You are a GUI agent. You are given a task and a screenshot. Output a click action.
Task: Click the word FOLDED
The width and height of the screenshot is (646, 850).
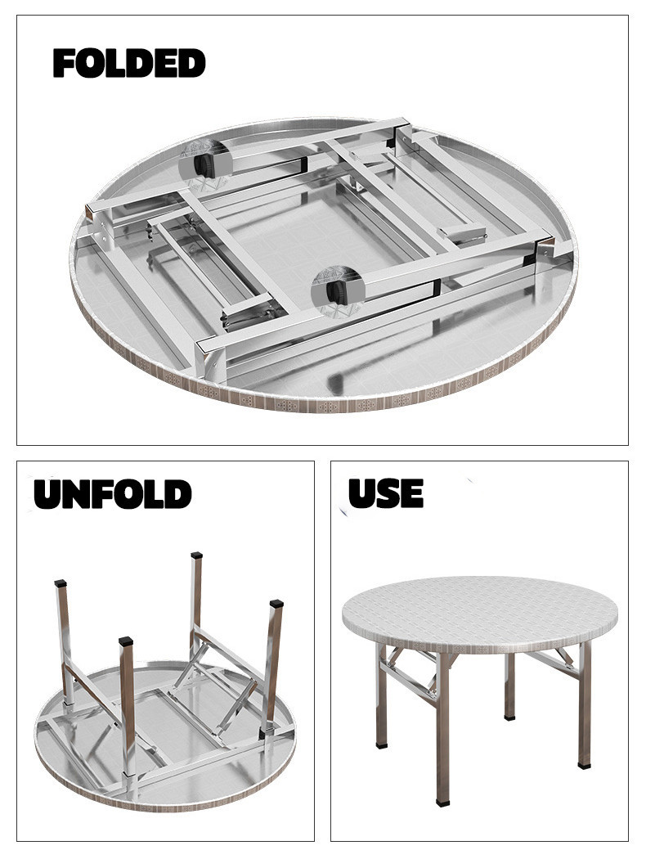click(129, 63)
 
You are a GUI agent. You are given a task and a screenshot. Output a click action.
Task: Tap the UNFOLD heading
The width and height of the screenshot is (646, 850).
click(113, 494)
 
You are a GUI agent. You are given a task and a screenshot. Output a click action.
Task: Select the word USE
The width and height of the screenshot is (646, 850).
click(386, 493)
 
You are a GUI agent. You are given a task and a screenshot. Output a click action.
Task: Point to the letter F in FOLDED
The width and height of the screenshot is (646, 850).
click(64, 63)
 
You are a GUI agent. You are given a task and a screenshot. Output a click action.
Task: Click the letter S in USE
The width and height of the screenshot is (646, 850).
click(387, 493)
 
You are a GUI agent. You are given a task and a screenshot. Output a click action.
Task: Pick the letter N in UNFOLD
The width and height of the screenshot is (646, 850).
click(75, 494)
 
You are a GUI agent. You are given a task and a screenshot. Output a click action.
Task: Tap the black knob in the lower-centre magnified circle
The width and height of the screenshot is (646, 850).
click(337, 293)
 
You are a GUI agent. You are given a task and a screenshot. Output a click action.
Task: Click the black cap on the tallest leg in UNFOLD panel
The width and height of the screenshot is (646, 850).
click(197, 555)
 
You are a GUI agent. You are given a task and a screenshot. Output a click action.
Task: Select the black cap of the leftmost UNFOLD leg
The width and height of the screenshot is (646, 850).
click(61, 584)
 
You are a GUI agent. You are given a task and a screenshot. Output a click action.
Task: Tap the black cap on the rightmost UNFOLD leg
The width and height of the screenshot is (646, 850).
click(276, 603)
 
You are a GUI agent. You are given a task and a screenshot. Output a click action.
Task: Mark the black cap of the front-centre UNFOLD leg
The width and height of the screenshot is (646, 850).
click(126, 641)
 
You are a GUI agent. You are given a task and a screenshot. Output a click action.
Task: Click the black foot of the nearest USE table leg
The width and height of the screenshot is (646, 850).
click(443, 802)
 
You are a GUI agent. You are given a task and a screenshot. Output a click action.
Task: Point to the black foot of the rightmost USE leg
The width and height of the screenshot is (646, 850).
click(584, 766)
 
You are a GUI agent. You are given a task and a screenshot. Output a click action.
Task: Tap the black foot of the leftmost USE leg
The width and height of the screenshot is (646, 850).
click(382, 745)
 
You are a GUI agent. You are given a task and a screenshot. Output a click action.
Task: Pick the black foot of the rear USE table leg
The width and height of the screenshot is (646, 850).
click(509, 717)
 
